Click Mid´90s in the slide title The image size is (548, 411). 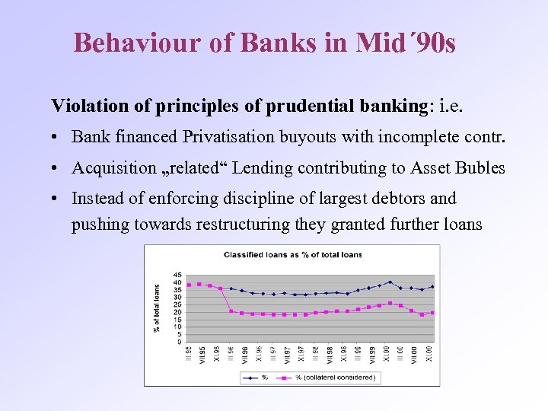(405, 43)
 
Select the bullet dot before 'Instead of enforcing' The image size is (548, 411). (57, 199)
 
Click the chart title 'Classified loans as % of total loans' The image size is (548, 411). (292, 254)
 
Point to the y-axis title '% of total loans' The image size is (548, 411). (158, 307)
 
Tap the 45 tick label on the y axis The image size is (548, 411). (177, 275)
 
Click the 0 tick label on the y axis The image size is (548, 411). (180, 342)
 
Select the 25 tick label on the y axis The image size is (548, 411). (177, 304)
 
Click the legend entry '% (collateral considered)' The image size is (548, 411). (336, 378)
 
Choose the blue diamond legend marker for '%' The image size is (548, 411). (250, 378)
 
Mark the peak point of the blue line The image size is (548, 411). (390, 282)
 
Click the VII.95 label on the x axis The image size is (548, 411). (201, 355)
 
